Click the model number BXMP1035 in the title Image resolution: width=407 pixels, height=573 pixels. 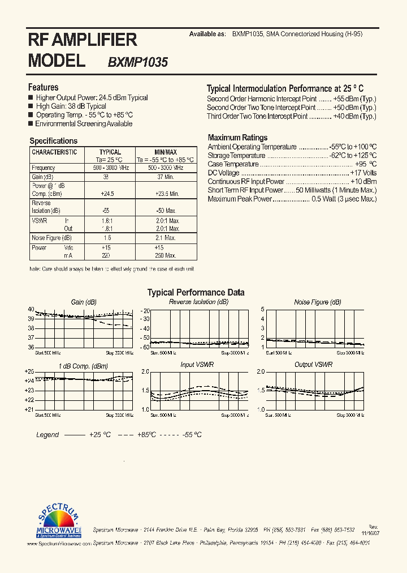137,62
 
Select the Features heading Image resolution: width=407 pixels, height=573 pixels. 43,87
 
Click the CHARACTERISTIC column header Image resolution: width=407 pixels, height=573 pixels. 54,152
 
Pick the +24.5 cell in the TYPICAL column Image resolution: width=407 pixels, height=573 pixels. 107,194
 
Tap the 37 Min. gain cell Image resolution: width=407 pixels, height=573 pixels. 166,177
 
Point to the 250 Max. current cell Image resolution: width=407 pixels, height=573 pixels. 166,255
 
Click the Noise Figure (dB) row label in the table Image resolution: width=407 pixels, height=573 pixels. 51,238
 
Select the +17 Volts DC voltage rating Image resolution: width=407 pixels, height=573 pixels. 363,173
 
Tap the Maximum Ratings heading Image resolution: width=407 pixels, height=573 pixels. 237,138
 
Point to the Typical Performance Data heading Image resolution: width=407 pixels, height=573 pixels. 196,293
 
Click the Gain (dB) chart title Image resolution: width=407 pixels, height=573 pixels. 84,302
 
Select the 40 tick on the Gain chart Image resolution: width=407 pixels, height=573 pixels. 31,309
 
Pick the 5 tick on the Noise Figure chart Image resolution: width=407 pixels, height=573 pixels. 263,309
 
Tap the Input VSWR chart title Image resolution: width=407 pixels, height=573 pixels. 196,365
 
